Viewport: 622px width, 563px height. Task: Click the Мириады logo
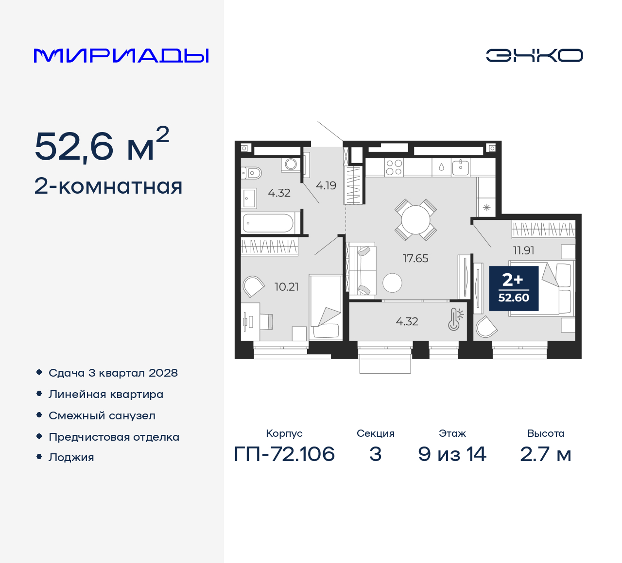pos(121,55)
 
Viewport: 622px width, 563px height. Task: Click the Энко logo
pos(534,55)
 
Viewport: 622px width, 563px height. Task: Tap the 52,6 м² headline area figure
pos(102,146)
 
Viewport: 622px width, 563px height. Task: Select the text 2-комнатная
pos(108,186)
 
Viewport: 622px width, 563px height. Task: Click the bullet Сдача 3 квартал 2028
pos(113,373)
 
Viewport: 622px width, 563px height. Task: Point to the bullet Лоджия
pos(71,457)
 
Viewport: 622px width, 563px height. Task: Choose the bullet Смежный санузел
pos(102,415)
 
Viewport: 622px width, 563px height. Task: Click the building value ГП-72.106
pos(284,454)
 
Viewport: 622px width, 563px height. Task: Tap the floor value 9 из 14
pos(452,454)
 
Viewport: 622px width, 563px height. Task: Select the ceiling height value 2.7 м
pos(545,454)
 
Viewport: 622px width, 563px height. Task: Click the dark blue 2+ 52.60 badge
pos(514,288)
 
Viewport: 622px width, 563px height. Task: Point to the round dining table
pos(415,220)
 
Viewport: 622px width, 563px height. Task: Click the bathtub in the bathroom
pos(268,223)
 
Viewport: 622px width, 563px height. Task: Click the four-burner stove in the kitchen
pos(394,167)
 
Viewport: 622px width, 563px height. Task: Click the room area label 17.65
pos(415,258)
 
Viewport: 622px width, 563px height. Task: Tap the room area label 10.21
pos(287,287)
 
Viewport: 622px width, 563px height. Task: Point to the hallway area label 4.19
pos(326,185)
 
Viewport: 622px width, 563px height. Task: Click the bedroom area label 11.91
pos(523,250)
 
